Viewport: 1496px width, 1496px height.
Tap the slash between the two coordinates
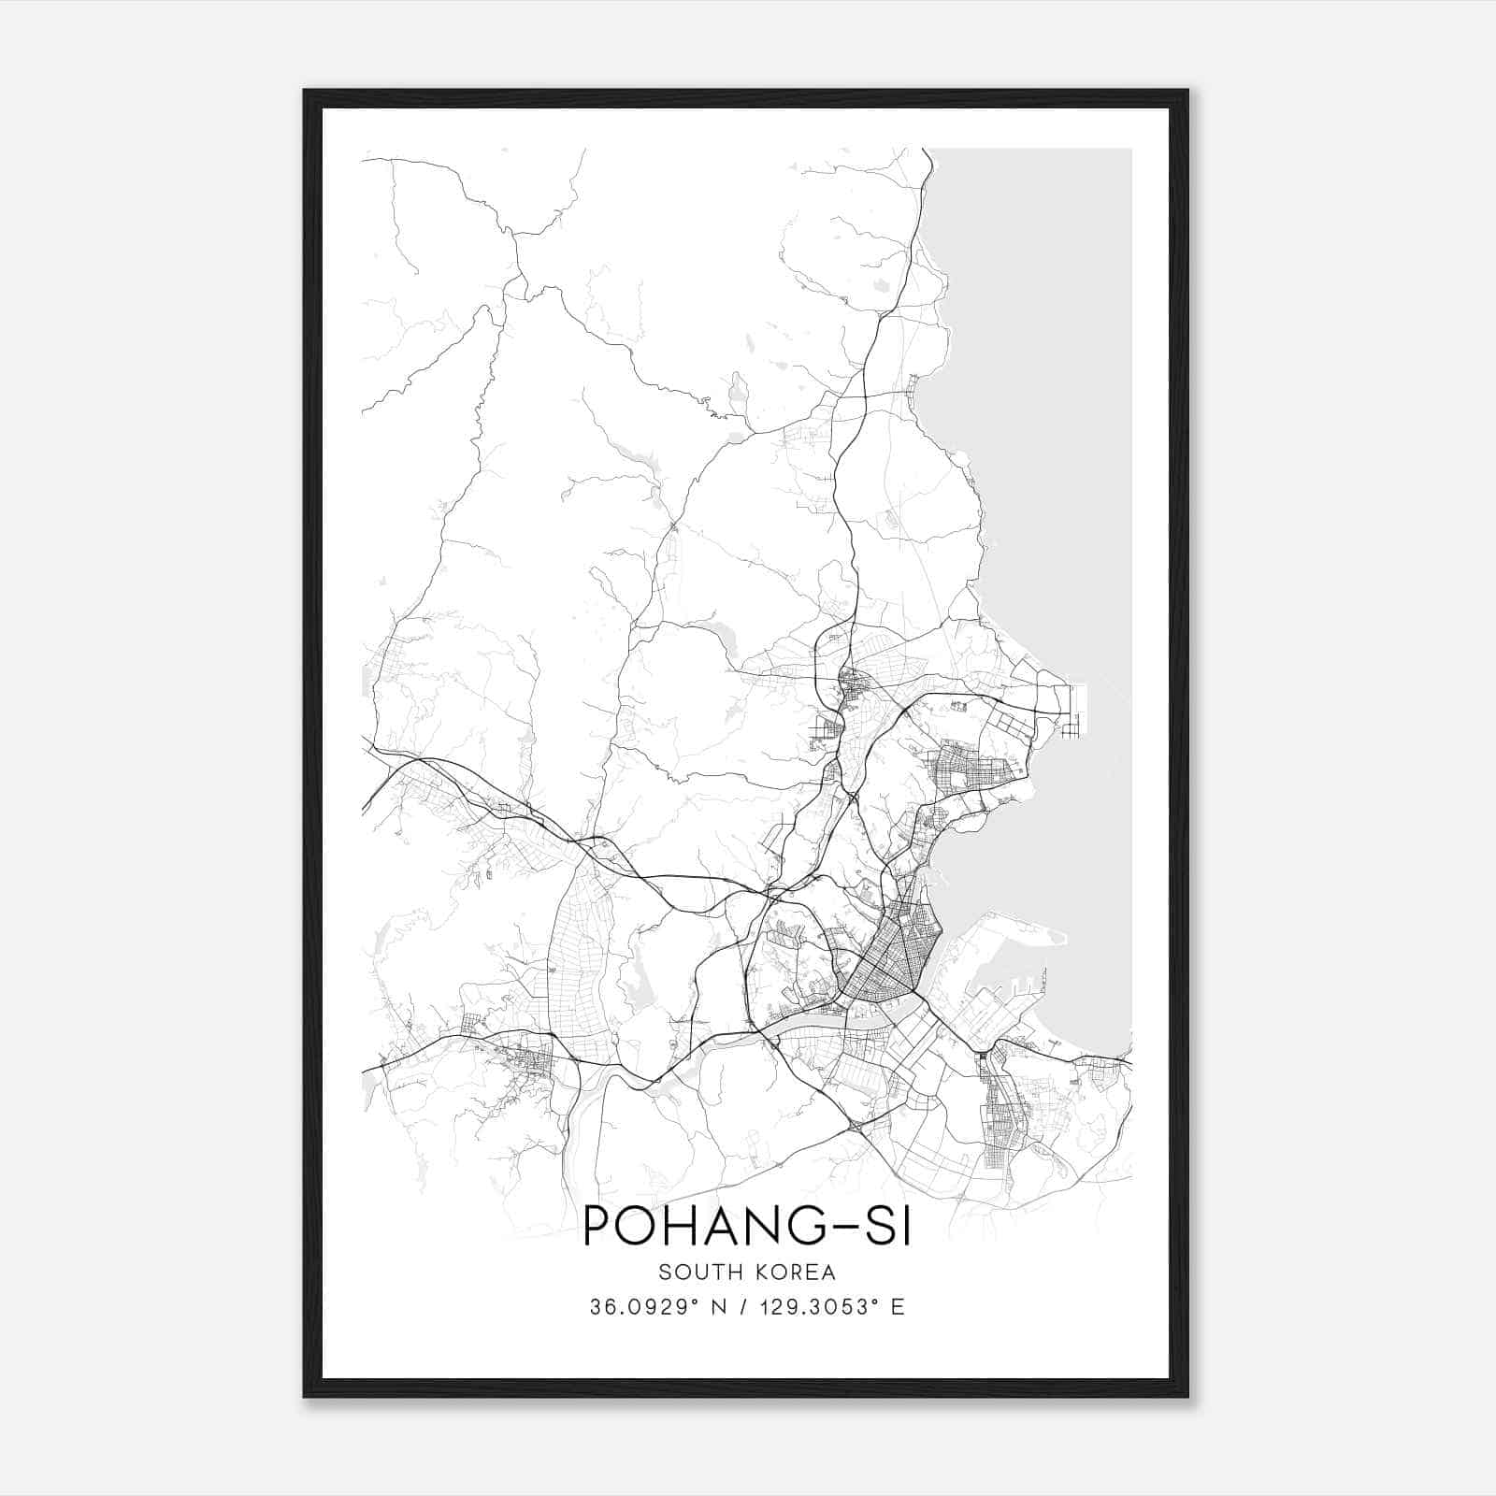747,1307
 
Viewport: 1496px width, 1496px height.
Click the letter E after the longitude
898,1307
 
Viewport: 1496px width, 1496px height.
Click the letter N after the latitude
720,1307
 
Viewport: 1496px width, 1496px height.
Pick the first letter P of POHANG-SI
597,1227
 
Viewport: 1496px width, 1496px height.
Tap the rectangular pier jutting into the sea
1074,711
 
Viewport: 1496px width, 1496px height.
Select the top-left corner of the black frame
306,92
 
